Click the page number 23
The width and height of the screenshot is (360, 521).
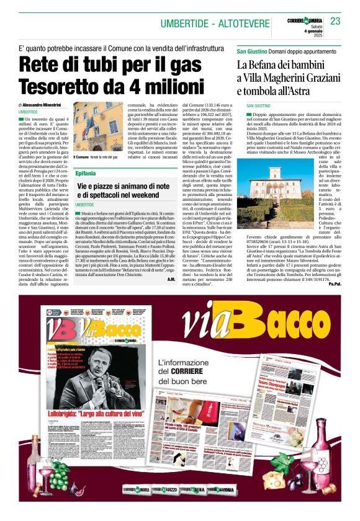point(335,20)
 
